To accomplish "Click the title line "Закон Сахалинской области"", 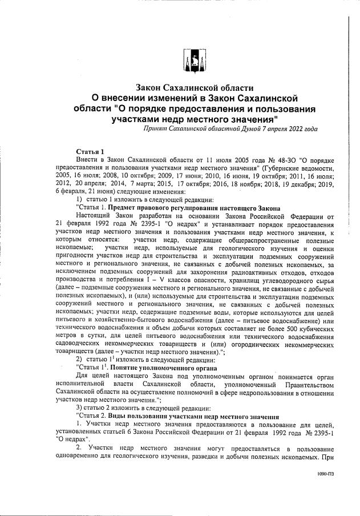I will (193, 88).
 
